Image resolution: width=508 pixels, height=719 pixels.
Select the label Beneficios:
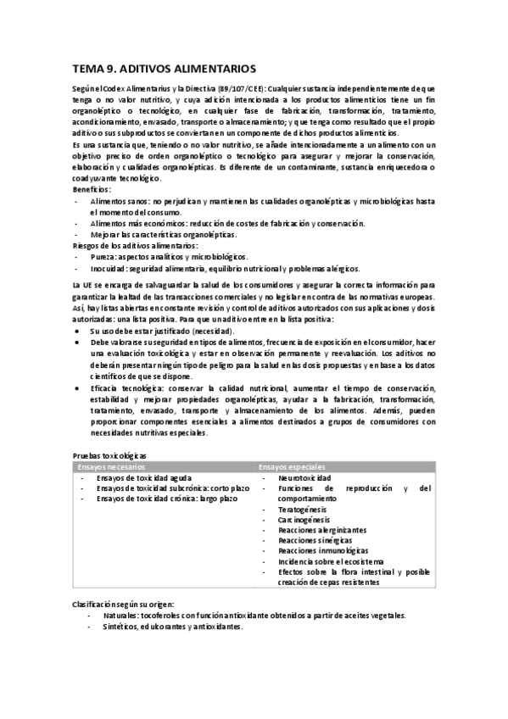(92, 190)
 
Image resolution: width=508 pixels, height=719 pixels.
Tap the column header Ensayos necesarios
(111, 467)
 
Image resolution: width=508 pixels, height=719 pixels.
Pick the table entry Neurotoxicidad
(304, 478)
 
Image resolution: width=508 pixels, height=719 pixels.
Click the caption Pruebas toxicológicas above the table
(110, 456)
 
